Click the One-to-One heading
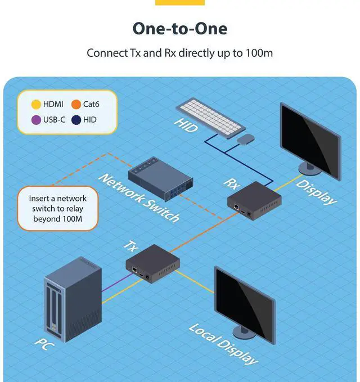[x=180, y=29]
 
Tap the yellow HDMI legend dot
[x=35, y=104]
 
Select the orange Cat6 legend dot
[x=76, y=104]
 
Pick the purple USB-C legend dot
[x=35, y=119]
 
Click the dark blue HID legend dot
[x=76, y=119]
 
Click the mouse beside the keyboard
[x=245, y=138]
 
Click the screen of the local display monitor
[x=243, y=296]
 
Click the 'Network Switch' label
[x=139, y=197]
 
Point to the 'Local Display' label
[x=223, y=344]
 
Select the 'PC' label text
[x=44, y=341]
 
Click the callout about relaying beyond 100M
[x=57, y=208]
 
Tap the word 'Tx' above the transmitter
[x=130, y=246]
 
